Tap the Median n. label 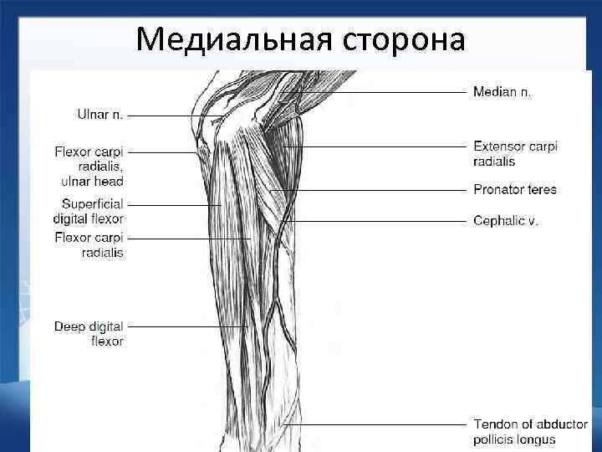(x=503, y=92)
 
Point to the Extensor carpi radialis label (x=515, y=153)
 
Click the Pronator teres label (x=515, y=190)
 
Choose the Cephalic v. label (x=506, y=221)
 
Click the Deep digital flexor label (x=89, y=334)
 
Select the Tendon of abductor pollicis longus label (x=530, y=432)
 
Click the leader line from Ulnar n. (x=171, y=116)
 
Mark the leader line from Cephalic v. (x=376, y=221)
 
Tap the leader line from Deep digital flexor (x=184, y=326)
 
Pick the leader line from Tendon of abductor (x=376, y=424)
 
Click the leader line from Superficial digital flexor (x=171, y=204)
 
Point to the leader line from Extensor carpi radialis (x=376, y=146)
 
